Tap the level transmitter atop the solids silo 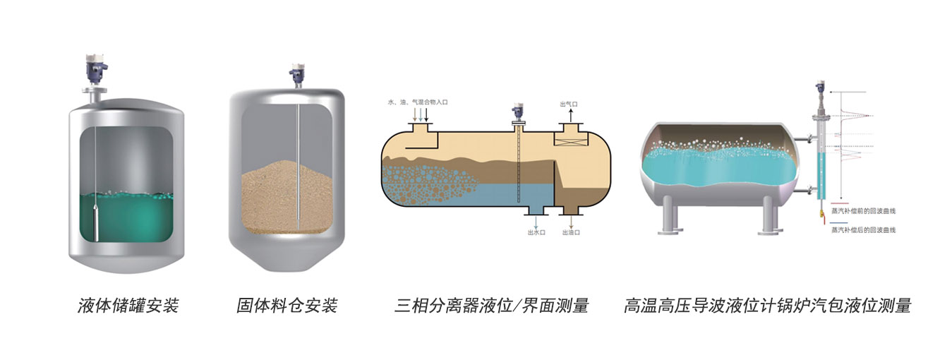[x=296, y=73]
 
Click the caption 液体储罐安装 [x=128, y=306]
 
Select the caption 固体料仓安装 [x=287, y=306]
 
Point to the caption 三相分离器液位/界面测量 [x=491, y=306]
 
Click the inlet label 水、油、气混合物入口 [x=418, y=102]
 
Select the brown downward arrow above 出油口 [x=571, y=221]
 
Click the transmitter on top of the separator [x=519, y=113]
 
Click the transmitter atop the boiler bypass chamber [x=820, y=90]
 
